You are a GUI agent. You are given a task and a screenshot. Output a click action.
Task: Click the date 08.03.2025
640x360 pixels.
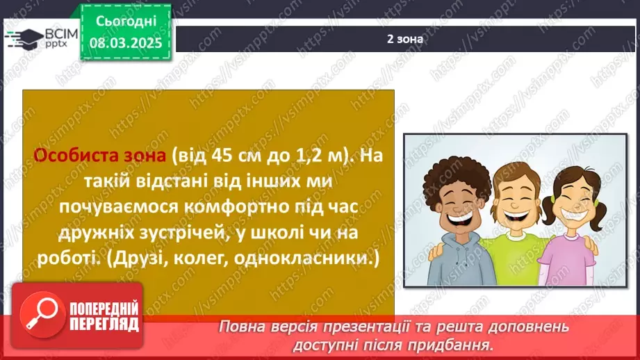point(125,42)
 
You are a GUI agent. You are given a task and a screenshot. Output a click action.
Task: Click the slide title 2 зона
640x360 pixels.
point(406,39)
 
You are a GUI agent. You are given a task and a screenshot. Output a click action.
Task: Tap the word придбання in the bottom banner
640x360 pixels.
point(459,344)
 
